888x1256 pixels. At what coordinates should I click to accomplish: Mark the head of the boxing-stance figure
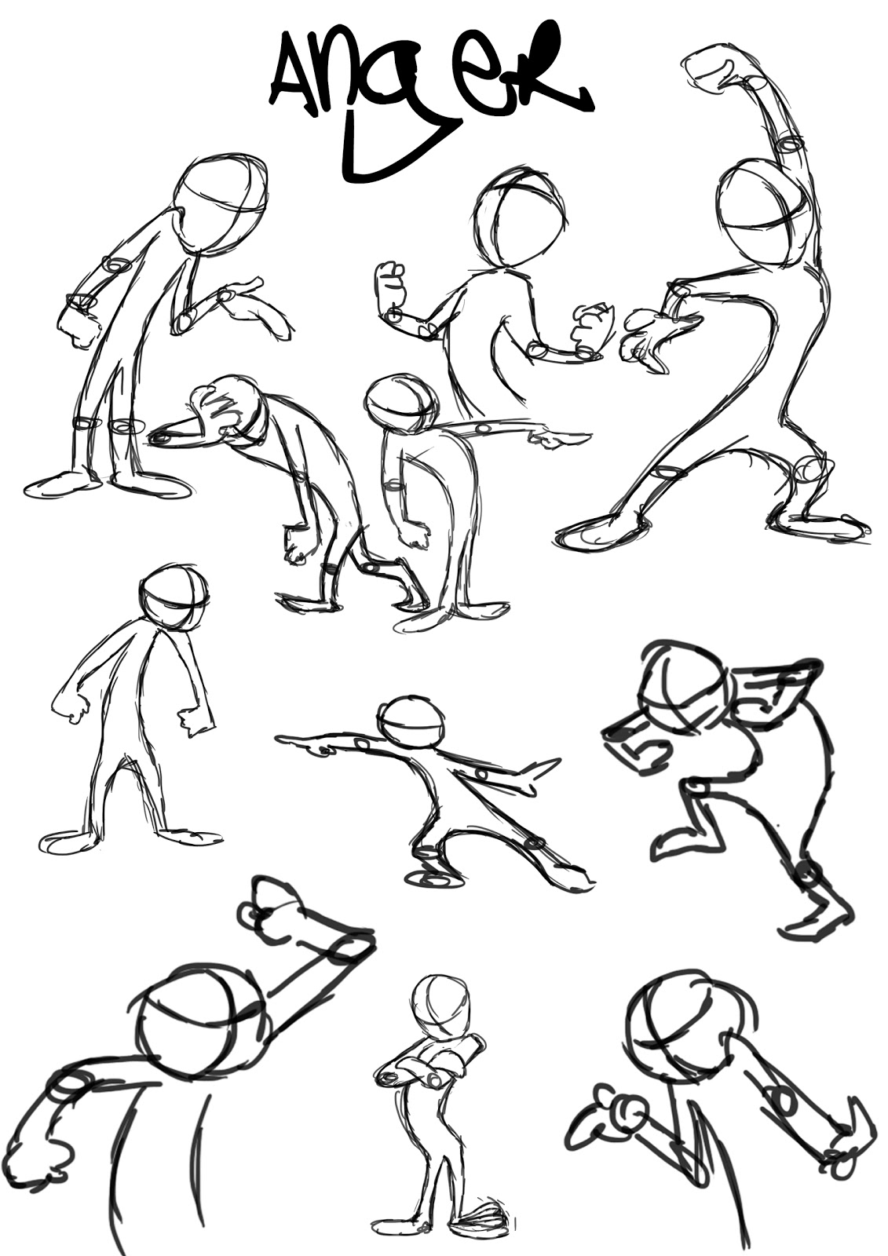click(x=520, y=216)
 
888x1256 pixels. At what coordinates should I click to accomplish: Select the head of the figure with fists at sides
click(x=174, y=597)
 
